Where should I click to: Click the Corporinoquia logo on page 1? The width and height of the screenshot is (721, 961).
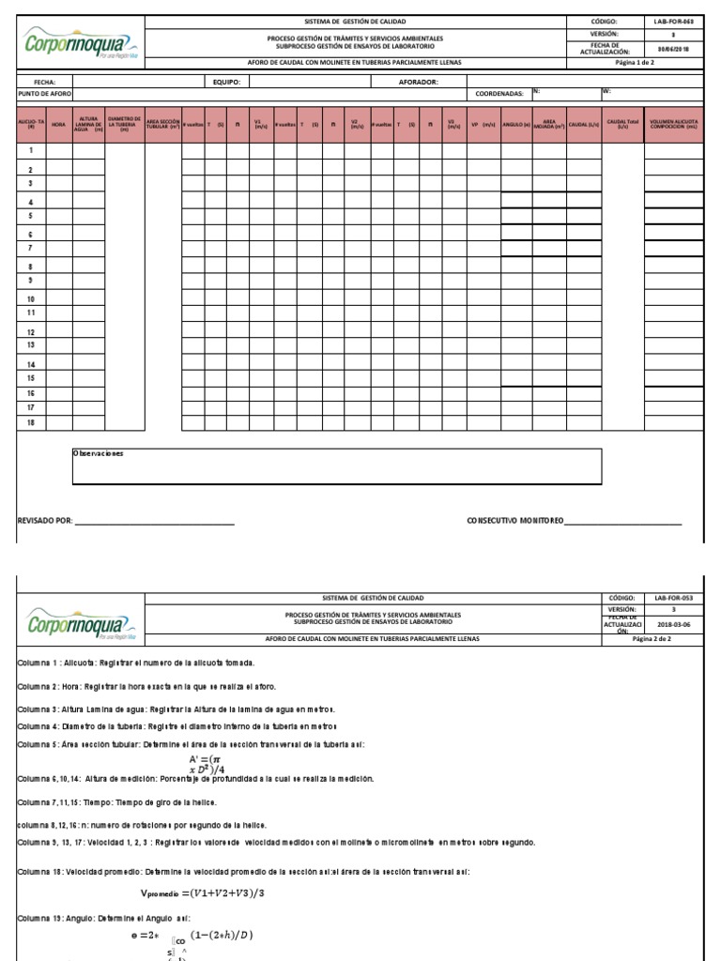80,42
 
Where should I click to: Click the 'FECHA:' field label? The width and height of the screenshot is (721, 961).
45,82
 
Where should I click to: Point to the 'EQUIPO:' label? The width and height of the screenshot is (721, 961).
226,82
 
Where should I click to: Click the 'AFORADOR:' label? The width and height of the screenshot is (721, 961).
419,82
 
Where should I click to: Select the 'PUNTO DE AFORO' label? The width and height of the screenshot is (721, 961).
45,94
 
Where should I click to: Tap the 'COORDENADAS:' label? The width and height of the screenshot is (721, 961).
499,94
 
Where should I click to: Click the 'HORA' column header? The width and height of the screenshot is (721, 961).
59,124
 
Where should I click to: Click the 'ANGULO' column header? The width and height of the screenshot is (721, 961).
516,124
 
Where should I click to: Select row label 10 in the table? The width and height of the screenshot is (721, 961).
31,299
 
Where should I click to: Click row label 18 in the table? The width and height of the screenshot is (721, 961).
31,423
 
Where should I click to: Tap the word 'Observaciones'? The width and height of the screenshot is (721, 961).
99,453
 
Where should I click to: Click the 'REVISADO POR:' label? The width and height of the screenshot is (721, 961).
45,520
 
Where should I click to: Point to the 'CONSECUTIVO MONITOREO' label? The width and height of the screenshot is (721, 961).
514,520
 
